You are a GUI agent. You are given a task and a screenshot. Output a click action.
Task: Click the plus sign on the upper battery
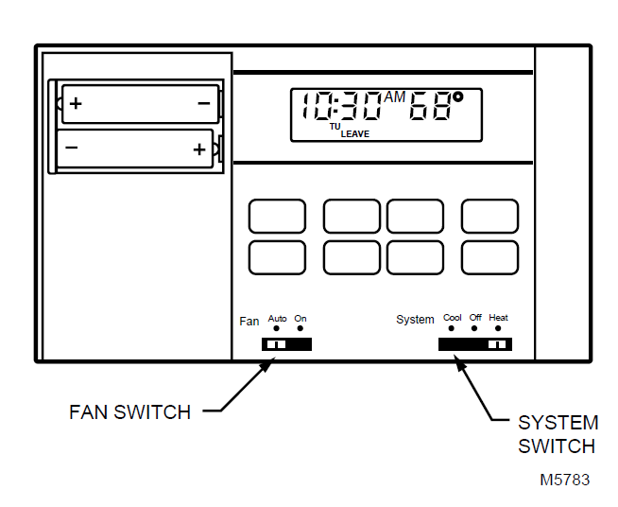[76, 102]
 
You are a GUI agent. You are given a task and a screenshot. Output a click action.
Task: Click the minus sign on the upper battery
[204, 102]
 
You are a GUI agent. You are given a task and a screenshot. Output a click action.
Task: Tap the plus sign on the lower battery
[198, 149]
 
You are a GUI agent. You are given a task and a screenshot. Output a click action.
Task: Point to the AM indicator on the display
[395, 97]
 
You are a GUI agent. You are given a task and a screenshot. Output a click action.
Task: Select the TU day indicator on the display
[335, 126]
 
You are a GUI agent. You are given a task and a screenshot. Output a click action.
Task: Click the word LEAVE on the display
[355, 134]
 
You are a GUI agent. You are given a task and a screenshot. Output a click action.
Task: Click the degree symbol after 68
[457, 96]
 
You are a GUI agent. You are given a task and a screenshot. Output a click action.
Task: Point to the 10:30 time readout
[341, 106]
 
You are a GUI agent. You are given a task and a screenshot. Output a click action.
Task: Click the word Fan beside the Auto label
[249, 322]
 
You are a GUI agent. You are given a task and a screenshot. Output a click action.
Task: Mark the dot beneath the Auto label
[277, 329]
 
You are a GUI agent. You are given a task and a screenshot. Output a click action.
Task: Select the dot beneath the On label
[300, 329]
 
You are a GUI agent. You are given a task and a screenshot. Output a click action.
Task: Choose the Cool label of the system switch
[453, 318]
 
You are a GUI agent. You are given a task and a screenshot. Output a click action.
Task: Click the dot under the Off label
[474, 329]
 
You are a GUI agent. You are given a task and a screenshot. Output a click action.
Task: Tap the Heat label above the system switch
[498, 318]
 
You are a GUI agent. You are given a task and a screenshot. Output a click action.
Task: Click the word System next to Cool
[415, 321]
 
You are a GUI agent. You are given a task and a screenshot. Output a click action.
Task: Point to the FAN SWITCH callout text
[130, 412]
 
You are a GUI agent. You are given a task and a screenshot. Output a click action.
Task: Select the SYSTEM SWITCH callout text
[558, 434]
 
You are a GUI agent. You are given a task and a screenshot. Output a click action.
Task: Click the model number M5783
[564, 480]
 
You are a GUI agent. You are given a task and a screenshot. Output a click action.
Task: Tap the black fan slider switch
[286, 344]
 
